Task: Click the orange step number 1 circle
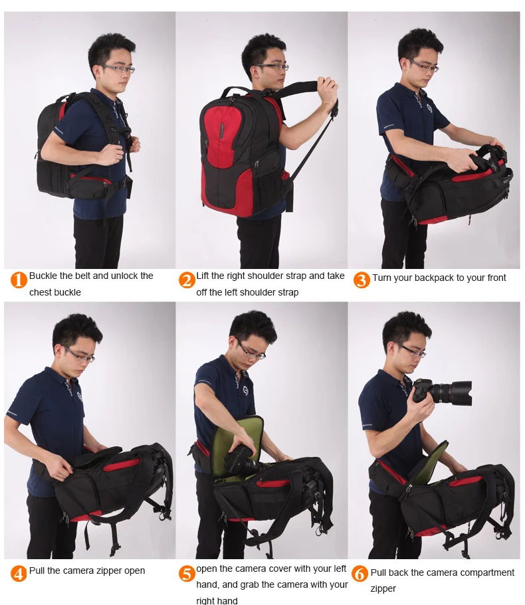click(19, 280)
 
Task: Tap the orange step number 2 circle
click(187, 280)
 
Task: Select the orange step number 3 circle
click(362, 280)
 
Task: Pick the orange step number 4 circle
click(19, 573)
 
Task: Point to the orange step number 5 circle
click(187, 573)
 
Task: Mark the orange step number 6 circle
click(360, 574)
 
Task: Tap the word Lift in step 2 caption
click(202, 276)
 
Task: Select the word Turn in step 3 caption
click(381, 278)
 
